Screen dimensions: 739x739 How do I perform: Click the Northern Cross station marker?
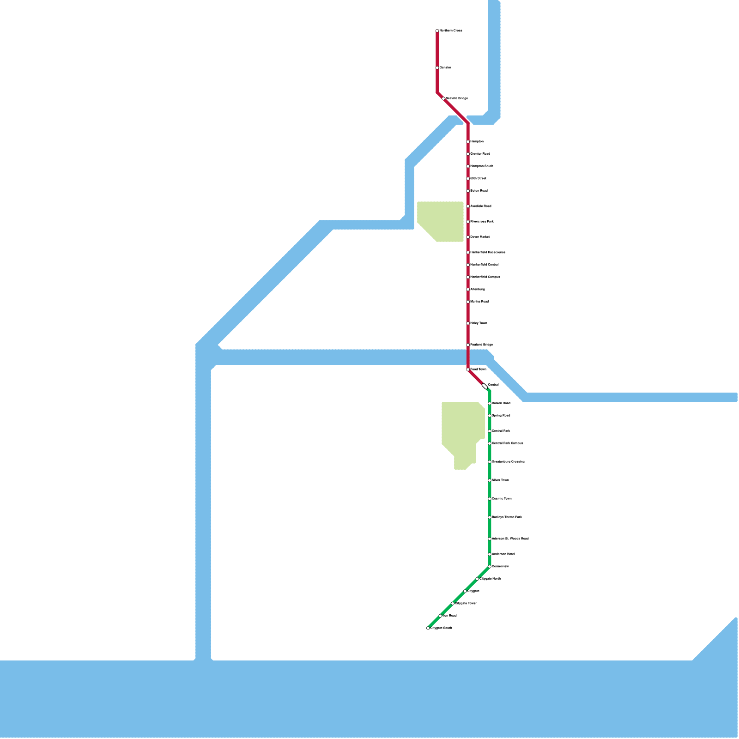pos(437,31)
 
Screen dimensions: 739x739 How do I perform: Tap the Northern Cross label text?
pos(451,31)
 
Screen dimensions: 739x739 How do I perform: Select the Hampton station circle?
pos(468,142)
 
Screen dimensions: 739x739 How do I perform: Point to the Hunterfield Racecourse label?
pos(488,253)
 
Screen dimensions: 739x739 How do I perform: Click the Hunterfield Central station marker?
pos(468,265)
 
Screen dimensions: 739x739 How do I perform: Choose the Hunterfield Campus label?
pos(485,277)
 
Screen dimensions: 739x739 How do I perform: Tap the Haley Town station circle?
pos(468,323)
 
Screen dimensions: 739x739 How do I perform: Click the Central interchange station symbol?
pos(485,386)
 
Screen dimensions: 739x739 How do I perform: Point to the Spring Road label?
pos(501,416)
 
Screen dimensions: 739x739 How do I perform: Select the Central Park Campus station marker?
pos(490,443)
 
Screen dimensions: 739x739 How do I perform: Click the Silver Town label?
pos(500,480)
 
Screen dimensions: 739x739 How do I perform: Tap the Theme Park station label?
pos(507,517)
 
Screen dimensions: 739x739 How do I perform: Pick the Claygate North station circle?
pos(477,579)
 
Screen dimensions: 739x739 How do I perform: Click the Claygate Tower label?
pos(466,604)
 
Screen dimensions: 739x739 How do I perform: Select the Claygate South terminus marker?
pos(428,628)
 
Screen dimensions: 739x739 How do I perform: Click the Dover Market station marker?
pos(468,237)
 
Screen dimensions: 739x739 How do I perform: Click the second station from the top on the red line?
pos(437,68)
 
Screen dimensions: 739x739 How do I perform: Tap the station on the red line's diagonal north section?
pos(443,99)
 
